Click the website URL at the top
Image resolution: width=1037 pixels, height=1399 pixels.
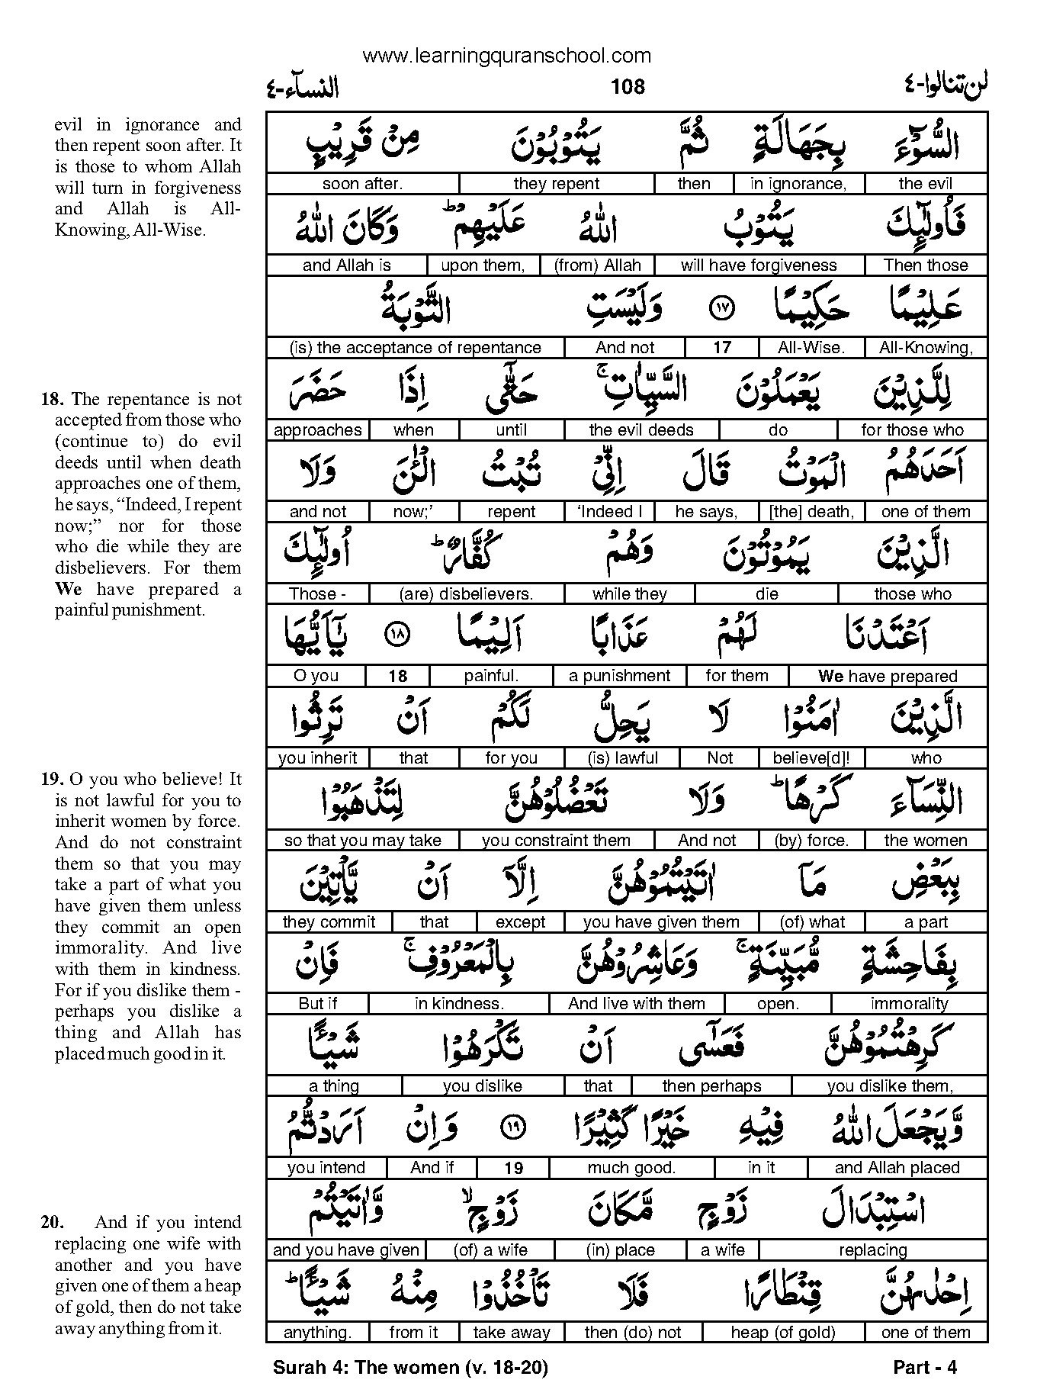point(506,56)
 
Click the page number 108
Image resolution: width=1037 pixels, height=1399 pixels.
point(628,87)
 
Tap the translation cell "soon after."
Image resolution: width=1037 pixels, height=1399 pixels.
point(362,184)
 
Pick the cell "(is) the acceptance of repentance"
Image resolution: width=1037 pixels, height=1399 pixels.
point(416,348)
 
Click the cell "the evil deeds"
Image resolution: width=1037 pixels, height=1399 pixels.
point(641,430)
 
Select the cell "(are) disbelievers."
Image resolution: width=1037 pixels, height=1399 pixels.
point(466,593)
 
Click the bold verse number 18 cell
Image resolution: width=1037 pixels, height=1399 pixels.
point(397,676)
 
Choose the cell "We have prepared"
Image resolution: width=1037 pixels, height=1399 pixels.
point(888,676)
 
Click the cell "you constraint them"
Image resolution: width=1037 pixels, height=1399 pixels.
point(556,841)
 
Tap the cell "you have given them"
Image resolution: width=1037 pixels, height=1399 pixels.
point(661,922)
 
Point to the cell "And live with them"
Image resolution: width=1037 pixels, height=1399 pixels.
point(637,1004)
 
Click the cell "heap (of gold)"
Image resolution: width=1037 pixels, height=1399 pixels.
point(783,1333)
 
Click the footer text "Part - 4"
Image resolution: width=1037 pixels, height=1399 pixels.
point(924,1368)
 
